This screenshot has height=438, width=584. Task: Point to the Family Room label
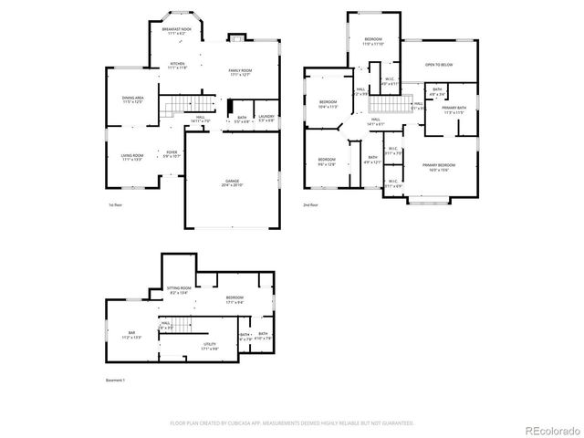click(240, 73)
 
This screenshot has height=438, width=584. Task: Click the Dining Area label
click(132, 100)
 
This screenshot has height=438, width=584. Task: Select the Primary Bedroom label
click(439, 167)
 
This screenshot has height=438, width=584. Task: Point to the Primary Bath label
click(454, 110)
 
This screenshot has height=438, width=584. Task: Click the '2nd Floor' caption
click(311, 206)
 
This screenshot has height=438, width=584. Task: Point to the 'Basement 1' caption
click(115, 379)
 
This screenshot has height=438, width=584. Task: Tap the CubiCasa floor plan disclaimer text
click(291, 423)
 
